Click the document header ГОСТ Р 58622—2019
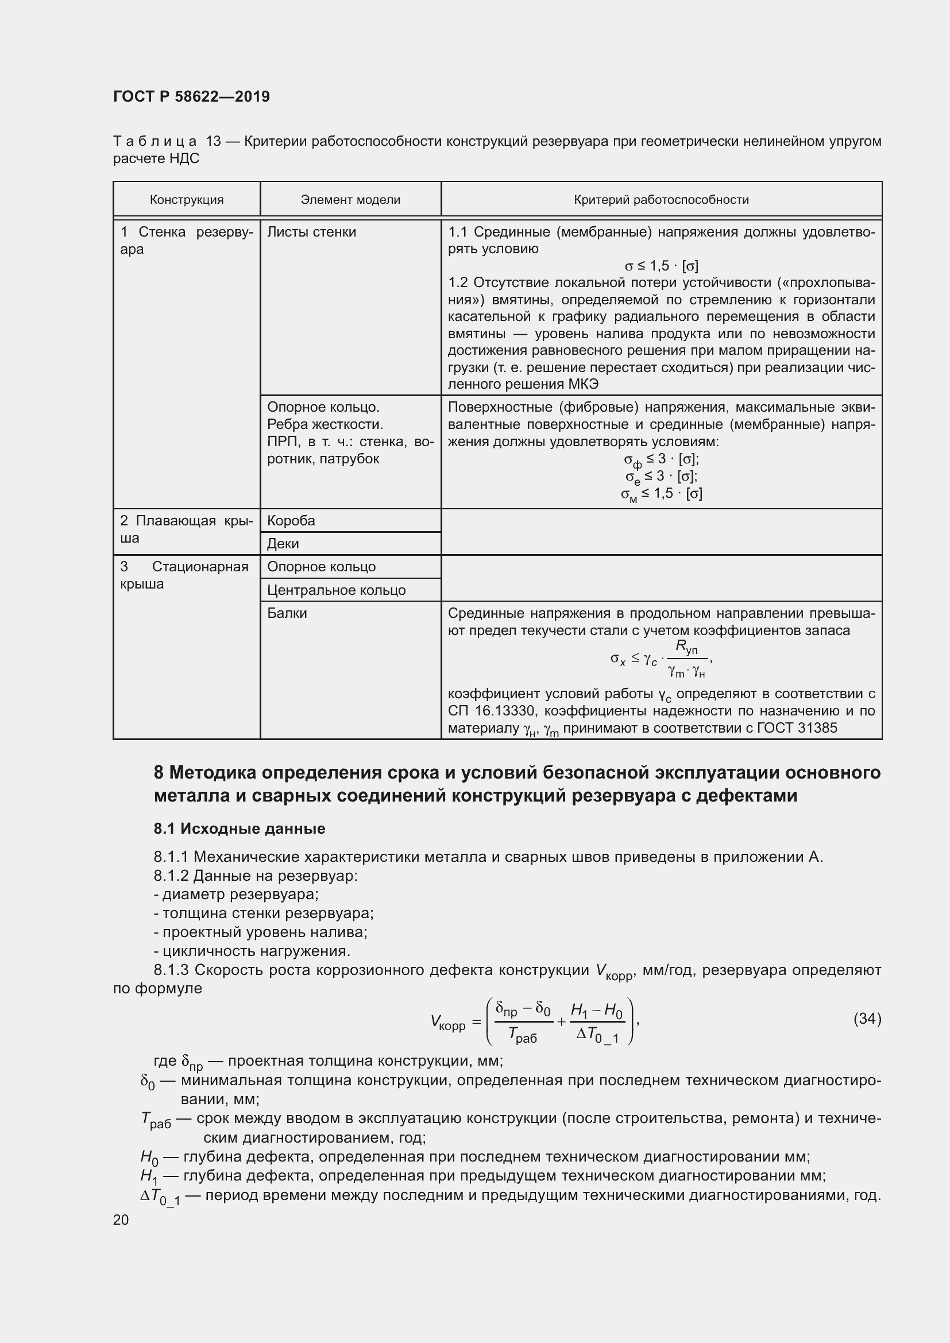(191, 96)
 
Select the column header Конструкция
(187, 200)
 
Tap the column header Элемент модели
(350, 200)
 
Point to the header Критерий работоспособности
(661, 200)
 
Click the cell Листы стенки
(311, 232)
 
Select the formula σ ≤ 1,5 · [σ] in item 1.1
(661, 266)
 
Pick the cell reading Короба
(291, 521)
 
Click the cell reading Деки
(283, 544)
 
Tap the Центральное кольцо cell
(336, 590)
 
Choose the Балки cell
(287, 613)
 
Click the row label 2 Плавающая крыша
(187, 529)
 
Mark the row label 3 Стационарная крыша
(184, 575)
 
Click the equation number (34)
(867, 1019)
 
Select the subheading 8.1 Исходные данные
(240, 829)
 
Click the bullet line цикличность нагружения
(252, 950)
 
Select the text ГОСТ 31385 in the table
(797, 728)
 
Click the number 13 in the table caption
(214, 142)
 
